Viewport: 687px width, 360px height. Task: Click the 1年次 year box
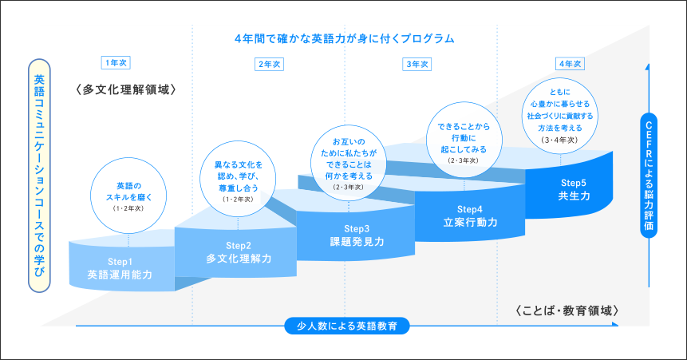tap(116, 63)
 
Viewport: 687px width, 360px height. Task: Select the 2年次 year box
tap(269, 65)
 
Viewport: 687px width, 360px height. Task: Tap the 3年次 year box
tap(417, 65)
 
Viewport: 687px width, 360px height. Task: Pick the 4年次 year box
tap(570, 64)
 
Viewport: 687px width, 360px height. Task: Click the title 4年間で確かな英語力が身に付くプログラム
tap(345, 38)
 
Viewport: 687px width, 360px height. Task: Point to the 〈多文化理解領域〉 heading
tap(126, 90)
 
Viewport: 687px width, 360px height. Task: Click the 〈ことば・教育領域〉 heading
tap(567, 311)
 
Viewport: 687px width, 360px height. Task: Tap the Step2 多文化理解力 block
tap(237, 252)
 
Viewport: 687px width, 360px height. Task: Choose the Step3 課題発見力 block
tap(356, 236)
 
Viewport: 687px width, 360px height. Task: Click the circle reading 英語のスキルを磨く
tap(128, 196)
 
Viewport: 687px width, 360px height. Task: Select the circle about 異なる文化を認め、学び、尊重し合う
tap(238, 179)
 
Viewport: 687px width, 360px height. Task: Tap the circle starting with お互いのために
tap(349, 163)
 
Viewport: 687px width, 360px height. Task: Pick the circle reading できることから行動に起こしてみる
tap(464, 140)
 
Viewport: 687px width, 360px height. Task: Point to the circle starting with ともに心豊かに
tap(560, 116)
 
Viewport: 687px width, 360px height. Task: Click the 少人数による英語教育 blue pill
tap(347, 326)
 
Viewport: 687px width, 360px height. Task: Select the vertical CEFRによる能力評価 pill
tap(649, 176)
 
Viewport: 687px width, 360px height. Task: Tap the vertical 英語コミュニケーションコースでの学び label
tap(39, 176)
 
